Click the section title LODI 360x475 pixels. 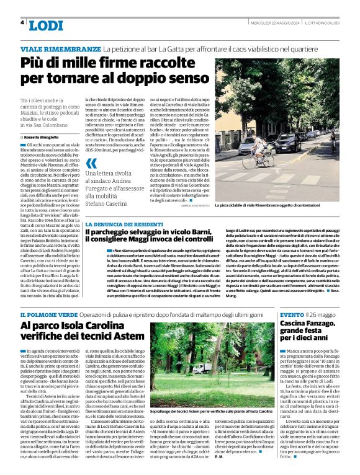[46, 25]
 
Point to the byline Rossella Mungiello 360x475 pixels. [45, 136]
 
